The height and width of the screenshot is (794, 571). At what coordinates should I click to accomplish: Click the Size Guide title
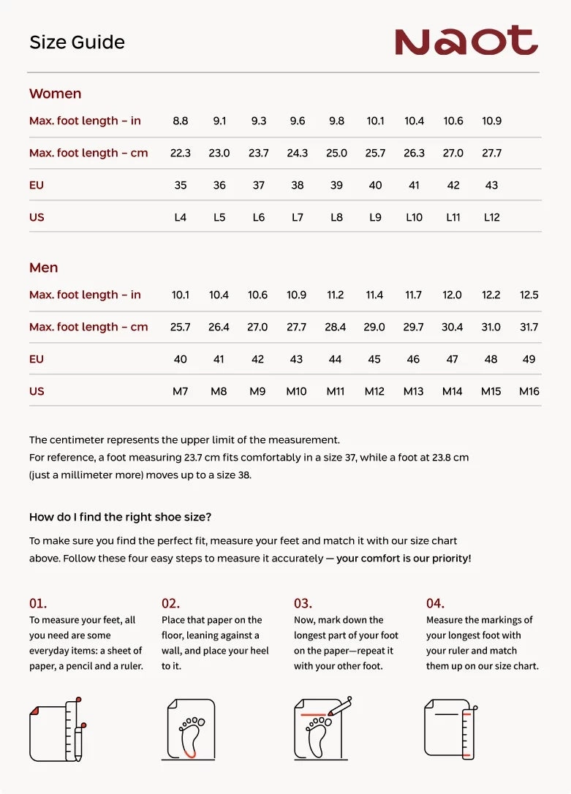(x=77, y=42)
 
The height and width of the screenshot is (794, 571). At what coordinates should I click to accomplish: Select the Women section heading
(x=55, y=94)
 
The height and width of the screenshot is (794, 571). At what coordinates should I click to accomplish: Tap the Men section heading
(x=43, y=268)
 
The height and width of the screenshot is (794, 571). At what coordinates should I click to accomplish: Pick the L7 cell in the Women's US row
(x=298, y=217)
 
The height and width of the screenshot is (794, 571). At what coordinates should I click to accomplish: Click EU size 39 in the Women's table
(x=336, y=185)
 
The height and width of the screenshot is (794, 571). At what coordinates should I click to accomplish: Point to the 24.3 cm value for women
(x=298, y=153)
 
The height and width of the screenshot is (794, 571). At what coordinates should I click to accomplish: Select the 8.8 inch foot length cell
(x=181, y=121)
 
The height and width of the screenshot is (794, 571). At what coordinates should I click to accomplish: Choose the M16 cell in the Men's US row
(x=529, y=391)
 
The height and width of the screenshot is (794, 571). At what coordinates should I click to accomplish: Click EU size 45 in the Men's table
(x=374, y=359)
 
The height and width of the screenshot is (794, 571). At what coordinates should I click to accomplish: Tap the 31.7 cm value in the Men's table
(x=529, y=327)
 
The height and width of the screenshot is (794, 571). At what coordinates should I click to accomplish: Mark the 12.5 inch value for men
(x=529, y=295)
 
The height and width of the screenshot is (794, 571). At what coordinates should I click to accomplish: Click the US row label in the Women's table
(x=37, y=217)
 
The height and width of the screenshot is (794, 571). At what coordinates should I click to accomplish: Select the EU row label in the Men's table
(x=37, y=359)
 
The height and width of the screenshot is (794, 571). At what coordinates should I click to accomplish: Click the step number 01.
(x=38, y=604)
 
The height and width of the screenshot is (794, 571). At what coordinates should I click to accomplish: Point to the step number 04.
(x=435, y=604)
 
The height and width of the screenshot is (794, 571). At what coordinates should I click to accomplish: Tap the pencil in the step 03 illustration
(x=341, y=707)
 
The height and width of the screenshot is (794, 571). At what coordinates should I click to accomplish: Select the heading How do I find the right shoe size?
(x=120, y=517)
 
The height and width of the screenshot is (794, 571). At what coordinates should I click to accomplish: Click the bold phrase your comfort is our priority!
(x=404, y=558)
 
